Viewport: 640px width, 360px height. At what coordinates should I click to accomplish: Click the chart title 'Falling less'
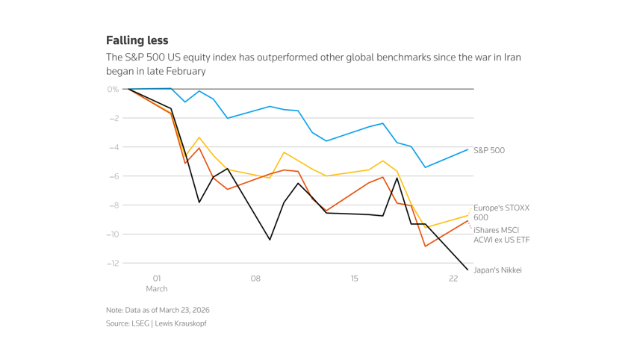tap(137, 40)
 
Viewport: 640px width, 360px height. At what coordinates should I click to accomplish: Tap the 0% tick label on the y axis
tap(113, 89)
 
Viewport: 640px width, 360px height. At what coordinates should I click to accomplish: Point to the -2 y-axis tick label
tap(114, 118)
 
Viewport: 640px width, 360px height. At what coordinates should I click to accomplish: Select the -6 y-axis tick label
tap(114, 176)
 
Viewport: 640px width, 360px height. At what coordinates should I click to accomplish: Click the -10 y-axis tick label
tap(112, 235)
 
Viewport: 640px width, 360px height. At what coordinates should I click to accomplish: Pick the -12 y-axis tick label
tap(112, 263)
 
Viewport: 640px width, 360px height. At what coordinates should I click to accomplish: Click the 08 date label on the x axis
tap(255, 279)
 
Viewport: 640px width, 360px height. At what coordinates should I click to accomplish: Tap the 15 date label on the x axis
tap(355, 279)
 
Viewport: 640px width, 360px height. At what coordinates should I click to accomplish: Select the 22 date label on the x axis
tap(453, 279)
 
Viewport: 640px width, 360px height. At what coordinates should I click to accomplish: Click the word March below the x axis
tap(157, 288)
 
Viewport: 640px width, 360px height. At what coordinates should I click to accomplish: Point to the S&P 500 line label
tap(489, 150)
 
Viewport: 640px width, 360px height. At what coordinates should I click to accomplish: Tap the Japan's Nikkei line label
tap(497, 270)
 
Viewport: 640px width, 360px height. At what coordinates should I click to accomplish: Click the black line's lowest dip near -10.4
tap(270, 240)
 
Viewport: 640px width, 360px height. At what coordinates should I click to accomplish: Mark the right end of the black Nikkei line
tap(468, 270)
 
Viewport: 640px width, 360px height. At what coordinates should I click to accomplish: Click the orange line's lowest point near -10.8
tap(426, 246)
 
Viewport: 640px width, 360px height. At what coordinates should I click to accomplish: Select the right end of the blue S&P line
tap(468, 149)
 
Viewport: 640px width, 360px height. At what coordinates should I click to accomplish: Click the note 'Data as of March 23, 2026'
tap(159, 310)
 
